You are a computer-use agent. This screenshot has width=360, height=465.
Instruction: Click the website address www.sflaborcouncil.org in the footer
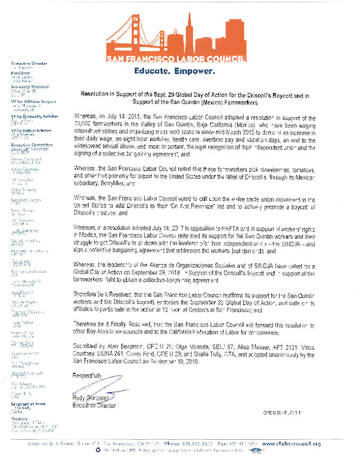pos(292,444)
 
